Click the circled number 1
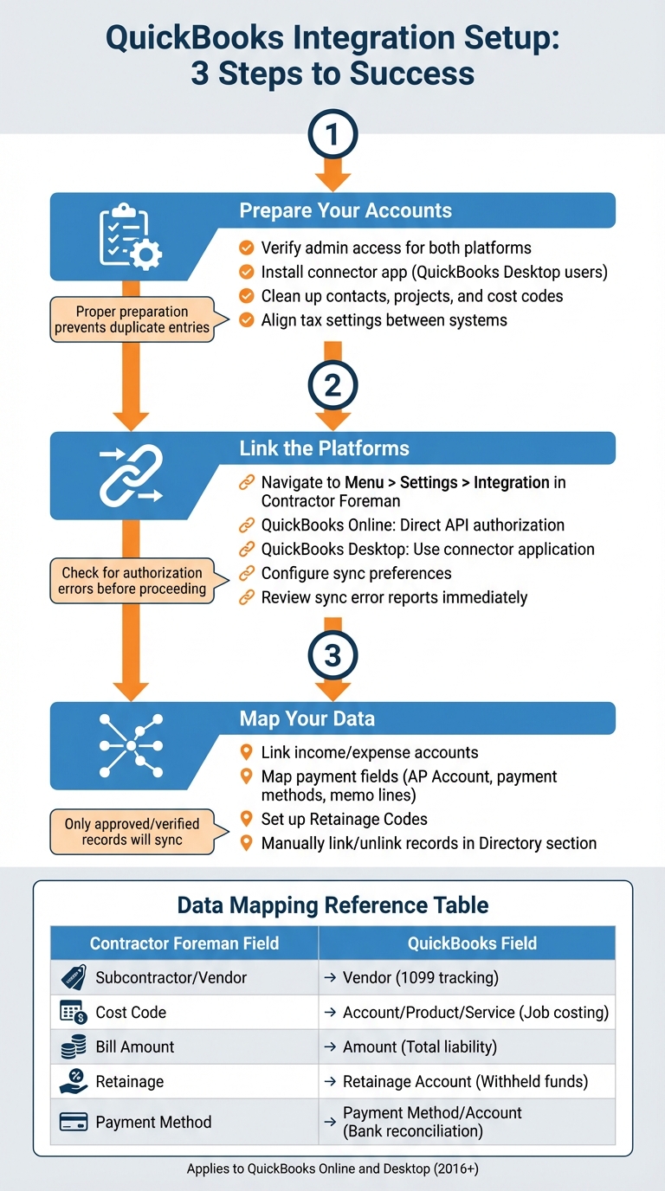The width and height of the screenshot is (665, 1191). pyautogui.click(x=332, y=134)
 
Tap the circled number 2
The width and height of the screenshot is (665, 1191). pyautogui.click(x=332, y=385)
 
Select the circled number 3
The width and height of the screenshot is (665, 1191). pyautogui.click(x=332, y=655)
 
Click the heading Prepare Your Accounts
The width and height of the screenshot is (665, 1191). pyautogui.click(x=345, y=210)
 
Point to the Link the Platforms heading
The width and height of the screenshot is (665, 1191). pyautogui.click(x=324, y=448)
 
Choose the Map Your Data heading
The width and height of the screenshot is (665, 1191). pyautogui.click(x=307, y=718)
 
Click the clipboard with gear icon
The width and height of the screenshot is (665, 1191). pyautogui.click(x=131, y=236)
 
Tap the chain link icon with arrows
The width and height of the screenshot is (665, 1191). pyautogui.click(x=131, y=475)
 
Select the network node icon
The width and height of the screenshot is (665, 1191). pyautogui.click(x=131, y=745)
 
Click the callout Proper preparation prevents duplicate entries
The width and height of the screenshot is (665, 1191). pyautogui.click(x=132, y=319)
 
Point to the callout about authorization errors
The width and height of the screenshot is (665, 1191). pyautogui.click(x=132, y=581)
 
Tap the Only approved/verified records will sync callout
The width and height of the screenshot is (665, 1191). pyautogui.click(x=132, y=832)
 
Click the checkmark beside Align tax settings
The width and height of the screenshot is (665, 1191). pyautogui.click(x=246, y=320)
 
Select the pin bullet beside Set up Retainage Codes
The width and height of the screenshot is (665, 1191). pyautogui.click(x=246, y=818)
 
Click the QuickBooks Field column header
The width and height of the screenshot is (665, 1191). pyautogui.click(x=472, y=943)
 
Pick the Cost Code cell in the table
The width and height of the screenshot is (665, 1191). pyautogui.click(x=131, y=1013)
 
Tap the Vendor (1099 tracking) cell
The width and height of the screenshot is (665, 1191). pyautogui.click(x=420, y=977)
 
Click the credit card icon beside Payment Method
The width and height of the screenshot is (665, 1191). pyautogui.click(x=74, y=1122)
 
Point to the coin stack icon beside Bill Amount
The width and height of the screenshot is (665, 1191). pyautogui.click(x=74, y=1046)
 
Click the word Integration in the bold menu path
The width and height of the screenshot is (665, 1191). pyautogui.click(x=511, y=482)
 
